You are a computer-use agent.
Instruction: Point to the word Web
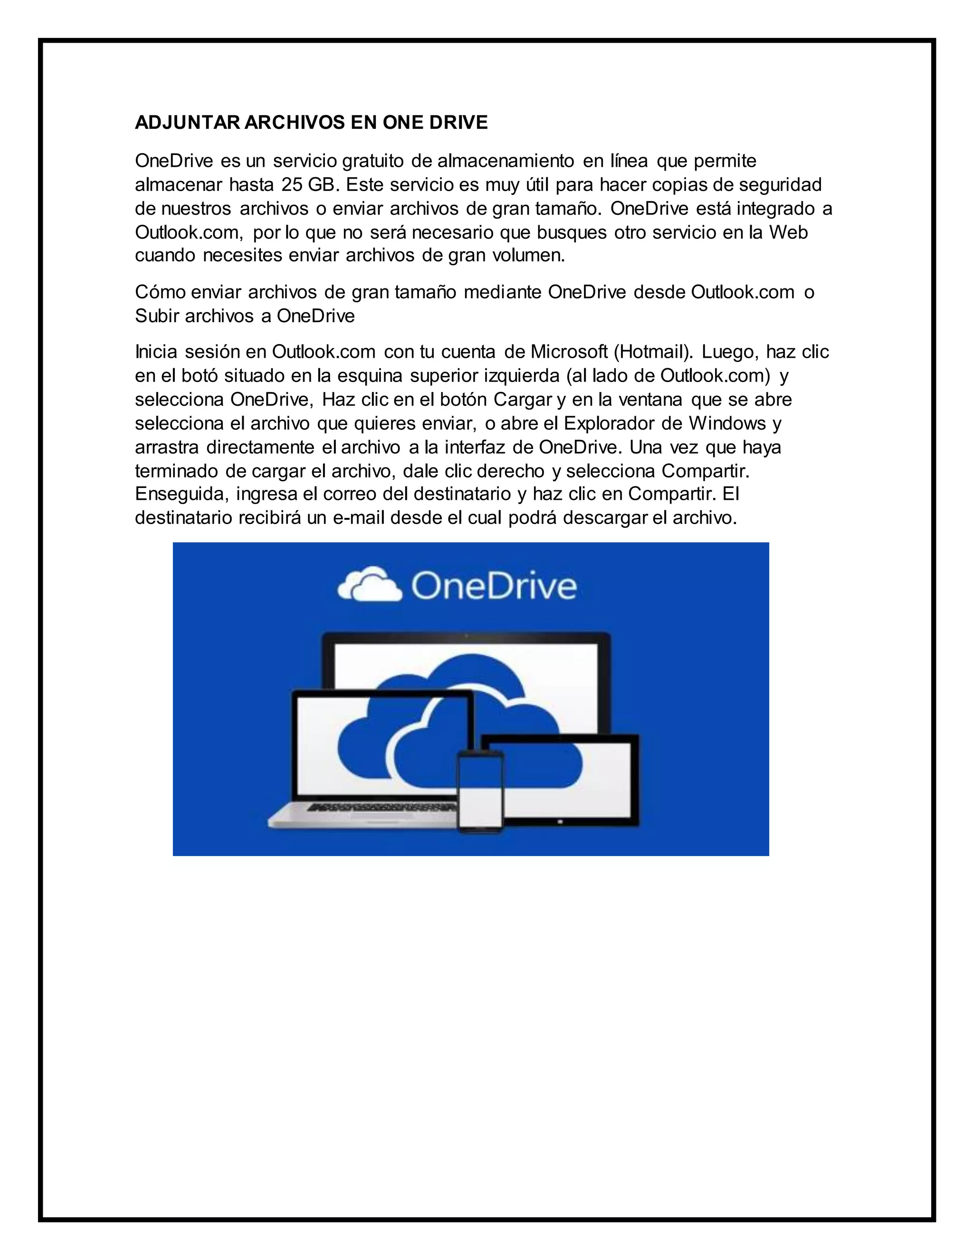tap(789, 232)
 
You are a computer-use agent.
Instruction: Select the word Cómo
tap(160, 292)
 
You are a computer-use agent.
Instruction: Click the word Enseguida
tap(182, 495)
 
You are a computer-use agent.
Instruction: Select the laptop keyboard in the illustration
tap(381, 807)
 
